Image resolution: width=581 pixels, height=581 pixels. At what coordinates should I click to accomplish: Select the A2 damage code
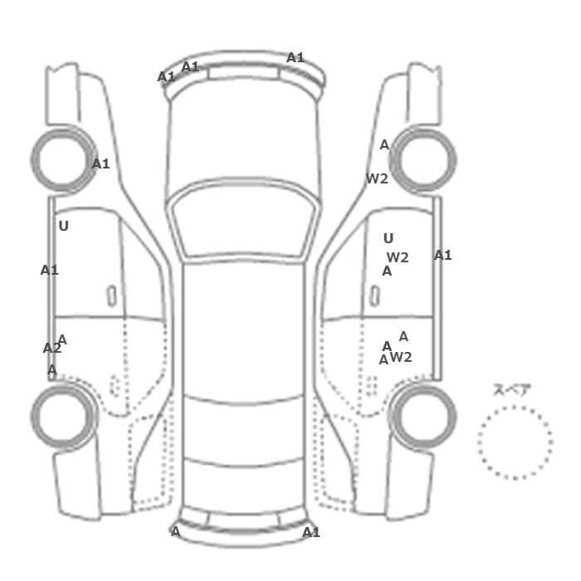(x=51, y=348)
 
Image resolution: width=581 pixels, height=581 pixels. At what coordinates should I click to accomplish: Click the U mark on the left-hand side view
(x=64, y=226)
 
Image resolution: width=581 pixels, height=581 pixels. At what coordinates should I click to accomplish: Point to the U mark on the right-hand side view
(x=388, y=238)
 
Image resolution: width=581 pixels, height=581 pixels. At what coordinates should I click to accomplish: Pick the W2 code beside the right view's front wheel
(x=377, y=178)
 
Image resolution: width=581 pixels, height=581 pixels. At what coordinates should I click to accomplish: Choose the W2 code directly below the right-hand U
(x=398, y=257)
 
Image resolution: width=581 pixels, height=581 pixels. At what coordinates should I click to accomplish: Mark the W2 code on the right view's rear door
(x=401, y=357)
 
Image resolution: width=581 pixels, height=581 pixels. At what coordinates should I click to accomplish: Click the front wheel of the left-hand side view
(x=63, y=160)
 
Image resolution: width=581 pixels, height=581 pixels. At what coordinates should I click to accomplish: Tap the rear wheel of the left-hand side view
(x=63, y=416)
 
